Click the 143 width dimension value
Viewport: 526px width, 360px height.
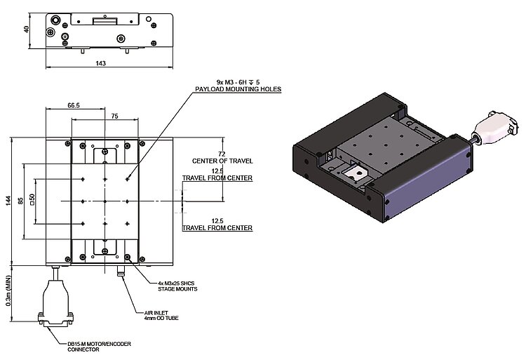coord(100,63)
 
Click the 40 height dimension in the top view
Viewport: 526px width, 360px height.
coord(26,29)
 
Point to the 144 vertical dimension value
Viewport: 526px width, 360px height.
coord(8,201)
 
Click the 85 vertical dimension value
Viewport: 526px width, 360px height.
coord(22,201)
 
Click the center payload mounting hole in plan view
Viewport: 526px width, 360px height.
coord(104,201)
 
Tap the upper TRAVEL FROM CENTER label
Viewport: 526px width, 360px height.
coord(217,178)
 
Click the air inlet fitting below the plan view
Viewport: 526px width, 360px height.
coord(121,269)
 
